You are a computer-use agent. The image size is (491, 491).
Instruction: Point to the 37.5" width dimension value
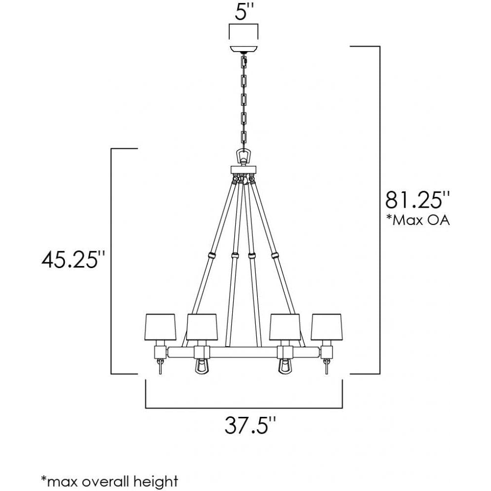[x=250, y=425]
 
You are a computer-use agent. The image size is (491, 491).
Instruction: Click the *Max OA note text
[x=418, y=220]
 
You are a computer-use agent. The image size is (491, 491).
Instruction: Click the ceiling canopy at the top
[x=244, y=50]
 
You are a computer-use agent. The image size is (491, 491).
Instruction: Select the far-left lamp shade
[x=161, y=327]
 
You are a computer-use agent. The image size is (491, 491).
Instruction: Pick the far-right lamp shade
[x=327, y=327]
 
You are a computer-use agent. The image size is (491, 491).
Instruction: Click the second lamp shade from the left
[x=202, y=327]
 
